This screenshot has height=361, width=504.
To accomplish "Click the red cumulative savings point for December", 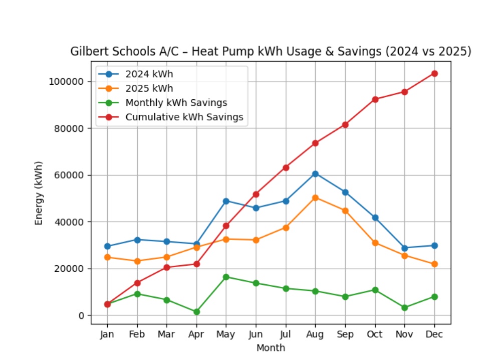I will tap(434, 73).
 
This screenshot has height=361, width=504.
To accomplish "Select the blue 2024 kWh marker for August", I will tap(315, 173).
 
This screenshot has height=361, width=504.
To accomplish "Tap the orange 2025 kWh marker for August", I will tap(315, 198).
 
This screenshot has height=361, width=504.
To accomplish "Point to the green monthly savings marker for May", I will tap(226, 277).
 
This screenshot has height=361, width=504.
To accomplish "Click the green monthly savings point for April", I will tap(196, 312).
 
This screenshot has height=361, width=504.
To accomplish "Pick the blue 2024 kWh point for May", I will tap(226, 201).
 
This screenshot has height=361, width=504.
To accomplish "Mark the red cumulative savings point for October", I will tap(375, 99).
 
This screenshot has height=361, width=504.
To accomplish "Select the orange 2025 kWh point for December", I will tap(434, 264).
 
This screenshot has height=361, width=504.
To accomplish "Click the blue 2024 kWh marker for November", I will tap(404, 248).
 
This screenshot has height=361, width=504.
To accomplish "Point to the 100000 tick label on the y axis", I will tap(66, 82).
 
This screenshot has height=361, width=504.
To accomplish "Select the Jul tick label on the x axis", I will tap(286, 334).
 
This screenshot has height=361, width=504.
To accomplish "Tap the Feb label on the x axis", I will tap(137, 334).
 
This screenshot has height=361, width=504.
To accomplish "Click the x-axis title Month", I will tap(271, 347).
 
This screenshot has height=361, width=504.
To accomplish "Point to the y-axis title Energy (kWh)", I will tap(39, 193).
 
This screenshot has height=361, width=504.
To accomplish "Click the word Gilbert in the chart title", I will tap(88, 52).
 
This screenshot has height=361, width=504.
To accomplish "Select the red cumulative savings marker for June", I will tap(256, 194).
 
